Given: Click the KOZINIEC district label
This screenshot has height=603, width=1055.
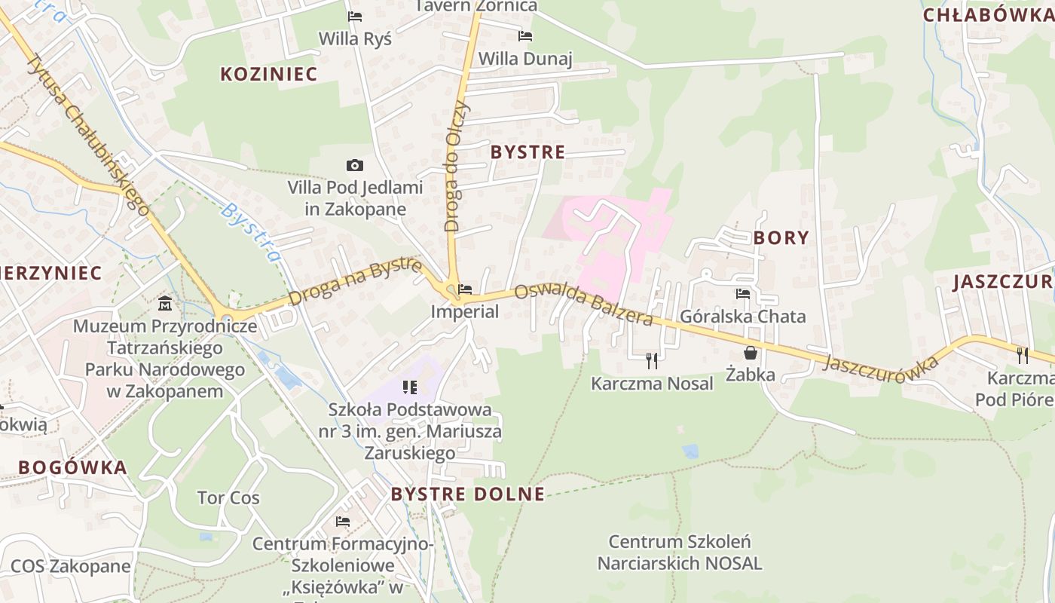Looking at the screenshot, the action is pyautogui.click(x=269, y=74).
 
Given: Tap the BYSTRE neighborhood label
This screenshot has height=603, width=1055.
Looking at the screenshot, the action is pyautogui.click(x=527, y=152).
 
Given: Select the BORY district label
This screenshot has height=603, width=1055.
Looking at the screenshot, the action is pyautogui.click(x=781, y=238).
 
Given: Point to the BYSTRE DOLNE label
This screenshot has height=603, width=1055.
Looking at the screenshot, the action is pyautogui.click(x=467, y=494).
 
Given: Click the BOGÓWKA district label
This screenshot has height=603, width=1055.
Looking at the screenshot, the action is pyautogui.click(x=72, y=467).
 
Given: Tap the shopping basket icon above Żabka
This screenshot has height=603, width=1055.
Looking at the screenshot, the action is pyautogui.click(x=751, y=353).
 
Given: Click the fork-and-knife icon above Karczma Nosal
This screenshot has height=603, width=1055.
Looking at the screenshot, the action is pyautogui.click(x=652, y=361).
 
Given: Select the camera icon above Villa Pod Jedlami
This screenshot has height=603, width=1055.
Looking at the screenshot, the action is pyautogui.click(x=354, y=165).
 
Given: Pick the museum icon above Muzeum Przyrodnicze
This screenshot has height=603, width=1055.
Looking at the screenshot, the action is pyautogui.click(x=165, y=304).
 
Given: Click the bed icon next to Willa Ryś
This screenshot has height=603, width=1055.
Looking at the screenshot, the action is pyautogui.click(x=354, y=17).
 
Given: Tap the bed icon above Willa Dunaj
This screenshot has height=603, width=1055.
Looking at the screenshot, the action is pyautogui.click(x=525, y=36).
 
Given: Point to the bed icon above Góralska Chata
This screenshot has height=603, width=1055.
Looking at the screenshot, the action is pyautogui.click(x=743, y=294).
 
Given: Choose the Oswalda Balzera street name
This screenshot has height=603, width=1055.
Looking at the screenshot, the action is pyautogui.click(x=583, y=305).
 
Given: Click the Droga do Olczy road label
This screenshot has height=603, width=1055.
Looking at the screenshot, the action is pyautogui.click(x=457, y=166).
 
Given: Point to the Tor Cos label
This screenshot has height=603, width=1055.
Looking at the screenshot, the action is pyautogui.click(x=228, y=498).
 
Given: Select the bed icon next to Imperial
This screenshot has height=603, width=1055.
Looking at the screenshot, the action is pyautogui.click(x=465, y=289).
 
